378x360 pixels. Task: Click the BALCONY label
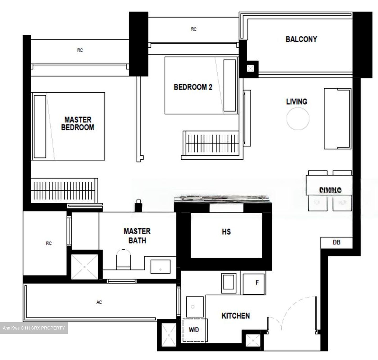(301, 39)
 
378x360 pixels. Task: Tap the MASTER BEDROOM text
(78, 123)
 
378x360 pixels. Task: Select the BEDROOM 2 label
(193, 87)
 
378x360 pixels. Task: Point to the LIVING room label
(297, 102)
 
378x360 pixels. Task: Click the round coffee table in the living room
(298, 119)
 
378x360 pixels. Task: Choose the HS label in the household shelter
(226, 232)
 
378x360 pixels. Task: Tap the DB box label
(336, 242)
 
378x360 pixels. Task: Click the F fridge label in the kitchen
(257, 283)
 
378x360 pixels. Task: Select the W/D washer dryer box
(194, 330)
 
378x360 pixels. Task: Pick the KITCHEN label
(235, 316)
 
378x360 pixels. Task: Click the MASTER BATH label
(137, 236)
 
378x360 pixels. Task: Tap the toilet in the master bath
(123, 259)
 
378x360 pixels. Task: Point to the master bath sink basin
(160, 267)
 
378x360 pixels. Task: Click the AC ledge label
(99, 302)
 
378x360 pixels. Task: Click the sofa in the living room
(338, 119)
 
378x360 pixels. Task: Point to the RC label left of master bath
(49, 243)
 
